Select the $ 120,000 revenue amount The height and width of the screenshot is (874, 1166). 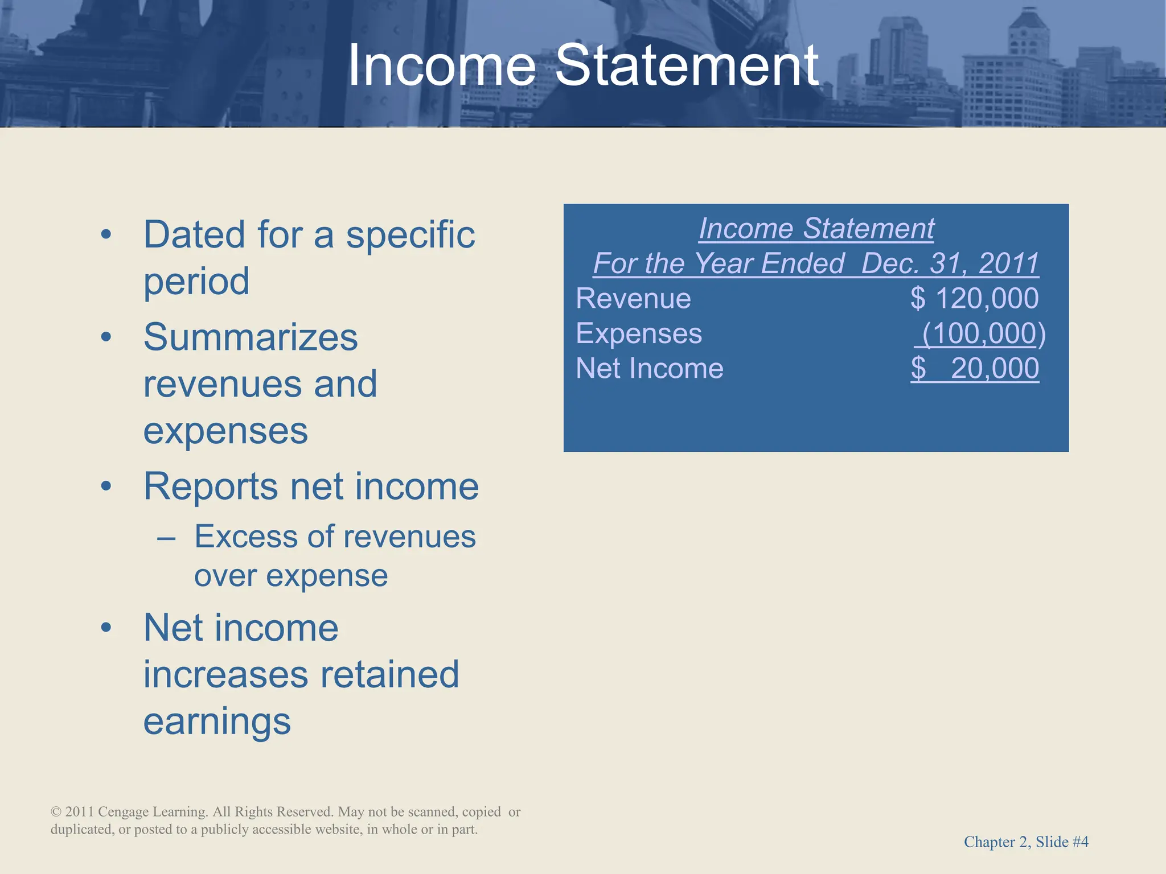click(x=974, y=299)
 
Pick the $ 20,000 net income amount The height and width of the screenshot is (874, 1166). click(x=974, y=369)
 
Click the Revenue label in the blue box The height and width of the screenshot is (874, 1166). click(x=633, y=299)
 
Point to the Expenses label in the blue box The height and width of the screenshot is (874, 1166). click(x=639, y=334)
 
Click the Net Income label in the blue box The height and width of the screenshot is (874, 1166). click(x=650, y=369)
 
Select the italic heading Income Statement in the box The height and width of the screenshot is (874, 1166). click(x=816, y=229)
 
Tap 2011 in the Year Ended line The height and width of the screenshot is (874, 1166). click(x=1008, y=263)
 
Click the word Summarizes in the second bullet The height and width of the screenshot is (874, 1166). click(x=251, y=337)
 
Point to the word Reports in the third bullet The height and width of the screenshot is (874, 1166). click(x=211, y=487)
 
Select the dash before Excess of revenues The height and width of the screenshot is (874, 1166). click(x=166, y=538)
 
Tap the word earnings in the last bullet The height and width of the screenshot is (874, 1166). click(x=217, y=722)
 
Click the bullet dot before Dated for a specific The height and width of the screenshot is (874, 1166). click(x=106, y=235)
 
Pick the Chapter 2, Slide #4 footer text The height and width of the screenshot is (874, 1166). click(x=1026, y=842)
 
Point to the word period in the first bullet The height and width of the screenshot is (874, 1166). click(x=196, y=282)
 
